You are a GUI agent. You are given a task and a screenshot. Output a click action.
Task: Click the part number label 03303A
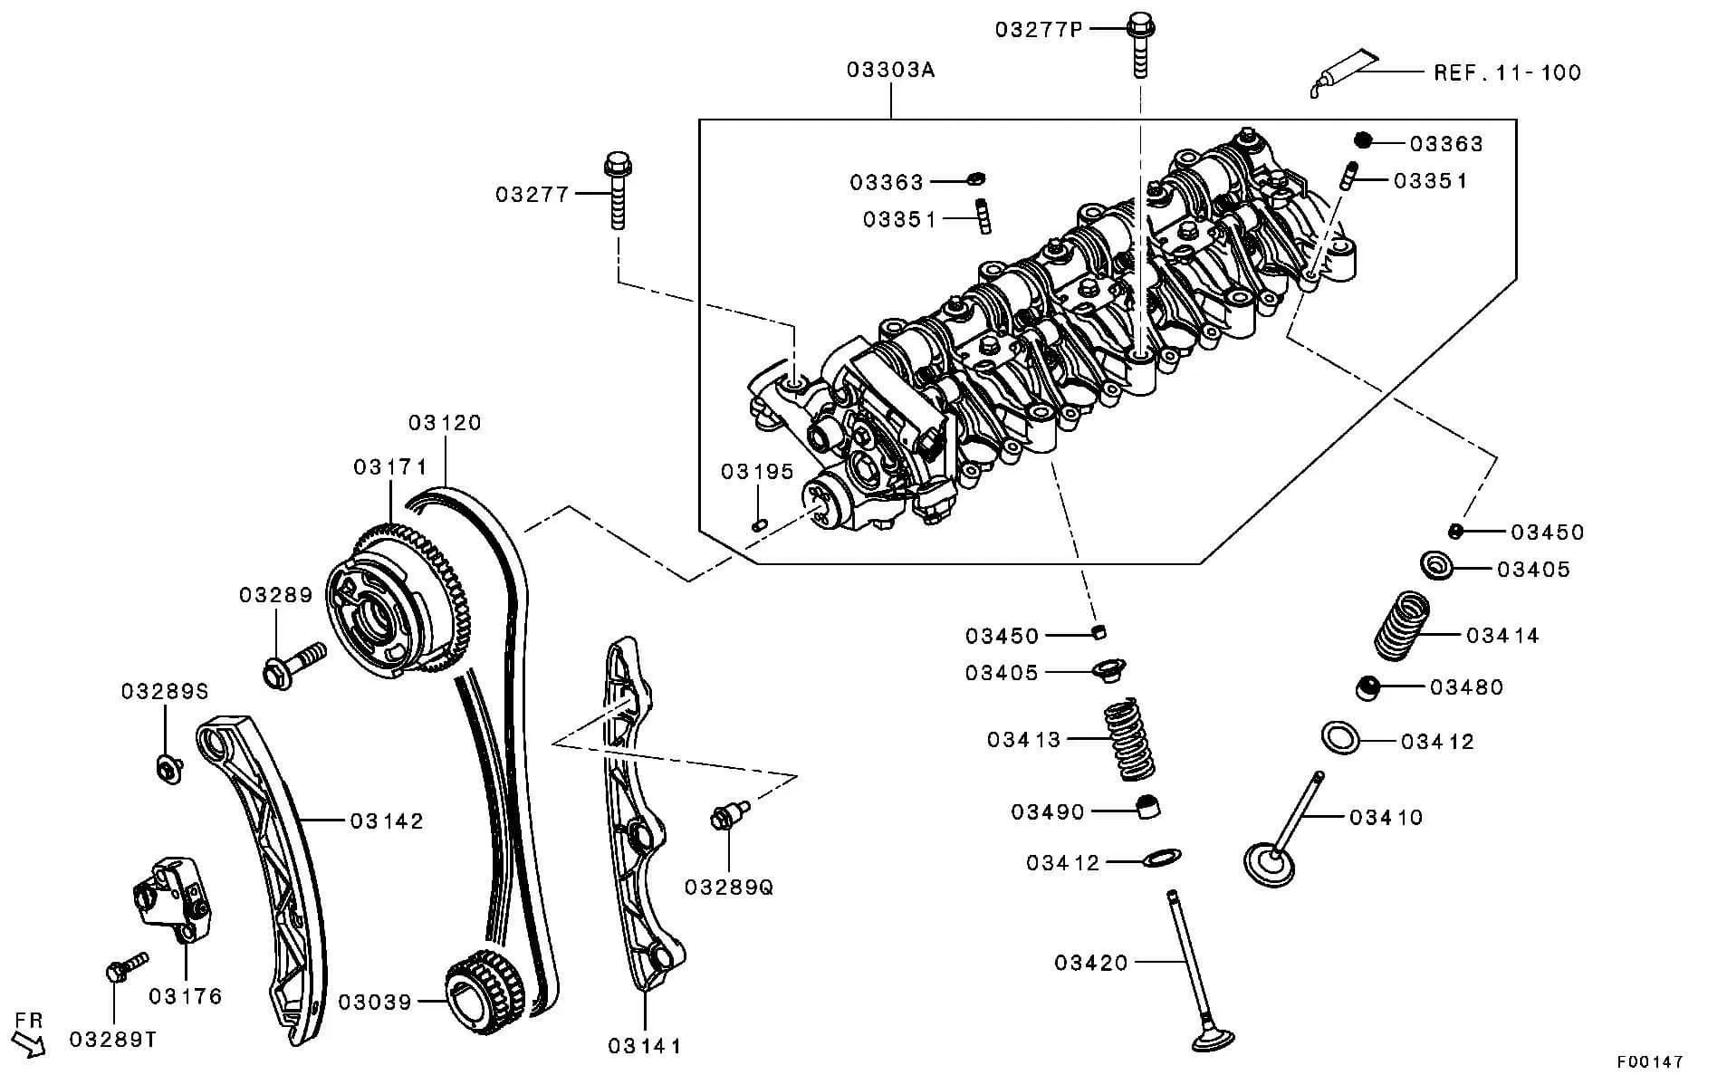(x=890, y=70)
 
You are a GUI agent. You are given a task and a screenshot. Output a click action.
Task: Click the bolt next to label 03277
(x=618, y=190)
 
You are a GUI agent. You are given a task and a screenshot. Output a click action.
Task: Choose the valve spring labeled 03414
(x=1402, y=626)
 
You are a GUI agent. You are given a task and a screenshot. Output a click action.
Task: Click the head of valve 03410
(x=1268, y=865)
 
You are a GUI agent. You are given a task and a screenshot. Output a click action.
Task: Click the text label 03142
(x=387, y=821)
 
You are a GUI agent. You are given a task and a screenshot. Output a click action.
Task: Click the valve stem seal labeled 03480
(x=1368, y=687)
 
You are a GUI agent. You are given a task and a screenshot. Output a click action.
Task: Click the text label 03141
(x=644, y=1046)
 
